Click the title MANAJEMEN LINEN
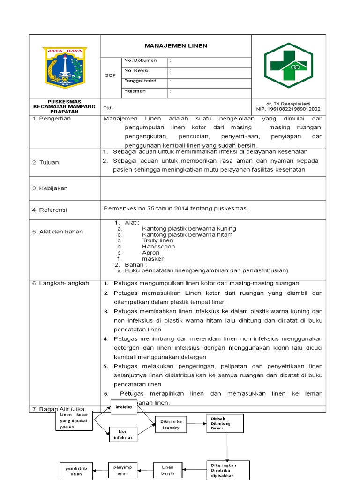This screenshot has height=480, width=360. click(x=175, y=46)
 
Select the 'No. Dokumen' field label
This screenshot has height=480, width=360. click(x=141, y=60)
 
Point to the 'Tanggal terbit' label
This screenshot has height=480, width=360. click(x=140, y=81)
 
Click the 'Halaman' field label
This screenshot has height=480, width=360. click(x=135, y=91)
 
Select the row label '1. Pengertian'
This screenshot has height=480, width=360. click(x=52, y=119)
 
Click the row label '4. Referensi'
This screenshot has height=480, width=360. click(x=50, y=210)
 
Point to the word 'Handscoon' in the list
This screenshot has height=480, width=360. click(x=158, y=247)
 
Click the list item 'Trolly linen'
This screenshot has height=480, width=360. click(x=157, y=240)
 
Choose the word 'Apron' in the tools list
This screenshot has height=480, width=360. click(x=151, y=253)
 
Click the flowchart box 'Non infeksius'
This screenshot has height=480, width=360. click(x=123, y=434)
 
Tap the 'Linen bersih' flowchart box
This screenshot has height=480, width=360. click(x=168, y=470)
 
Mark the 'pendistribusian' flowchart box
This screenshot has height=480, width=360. click(x=76, y=471)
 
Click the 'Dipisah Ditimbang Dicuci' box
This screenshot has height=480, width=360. click(x=225, y=424)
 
